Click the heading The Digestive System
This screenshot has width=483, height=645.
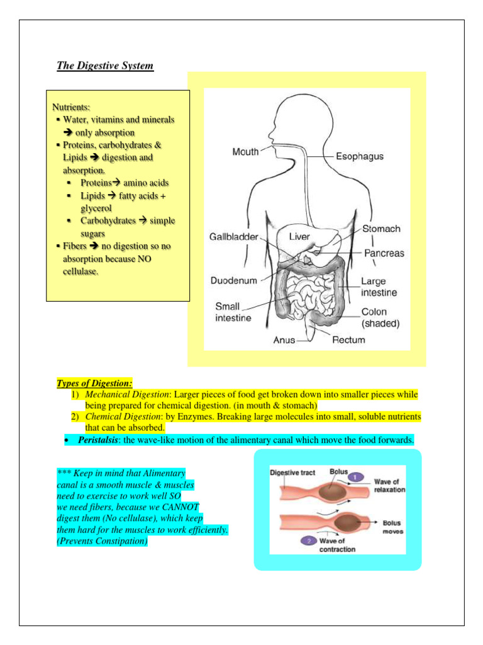[x=105, y=66]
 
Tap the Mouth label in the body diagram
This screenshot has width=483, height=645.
[x=245, y=152]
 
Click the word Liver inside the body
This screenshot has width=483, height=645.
[x=299, y=237]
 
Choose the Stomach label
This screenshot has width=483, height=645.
[x=381, y=229]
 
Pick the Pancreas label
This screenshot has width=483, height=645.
[x=384, y=253]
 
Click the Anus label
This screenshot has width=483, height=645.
[x=284, y=340]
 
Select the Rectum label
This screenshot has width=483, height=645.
[x=348, y=340]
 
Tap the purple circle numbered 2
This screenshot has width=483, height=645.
[x=308, y=540]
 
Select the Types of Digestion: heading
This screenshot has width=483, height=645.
[x=94, y=382]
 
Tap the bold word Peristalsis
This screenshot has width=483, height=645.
[x=99, y=440]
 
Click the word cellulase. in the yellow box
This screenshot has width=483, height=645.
[x=80, y=271]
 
